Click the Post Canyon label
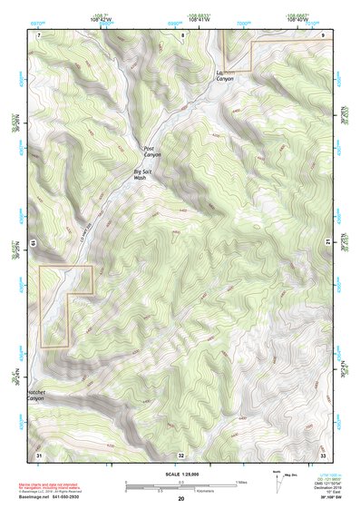pos(151,151)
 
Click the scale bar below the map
pos(181,485)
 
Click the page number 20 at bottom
pos(181,499)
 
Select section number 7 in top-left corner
pos(40,34)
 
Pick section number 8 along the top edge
pos(181,35)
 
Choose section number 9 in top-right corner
pos(323,34)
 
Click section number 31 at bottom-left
pos(39,454)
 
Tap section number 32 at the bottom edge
pos(180,455)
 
